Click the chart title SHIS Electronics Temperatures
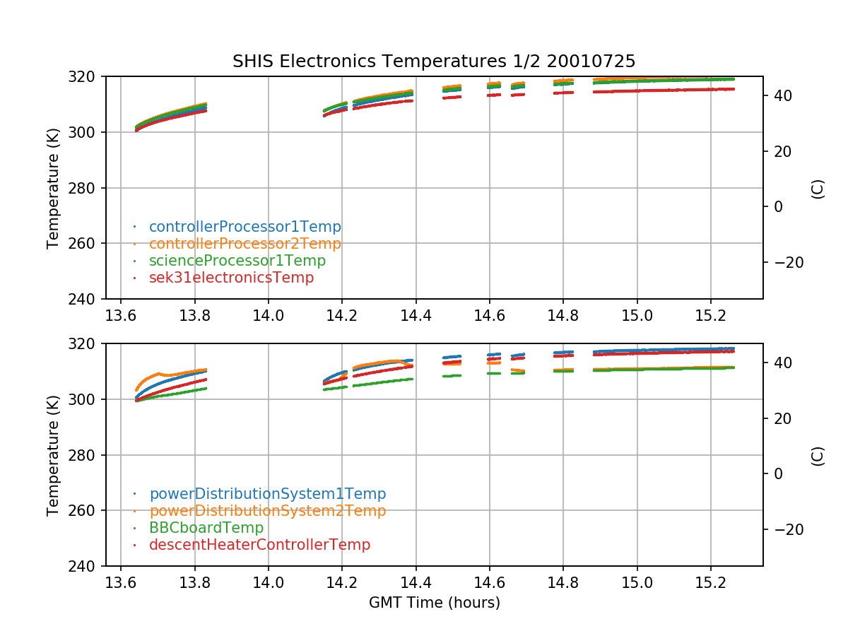[434, 61]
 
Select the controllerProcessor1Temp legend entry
[245, 227]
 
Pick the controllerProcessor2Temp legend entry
[245, 244]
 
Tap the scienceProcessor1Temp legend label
[237, 261]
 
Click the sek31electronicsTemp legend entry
[231, 278]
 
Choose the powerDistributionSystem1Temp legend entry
[267, 494]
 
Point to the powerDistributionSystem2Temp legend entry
[267, 510]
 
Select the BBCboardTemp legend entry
[206, 528]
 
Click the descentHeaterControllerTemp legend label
[259, 545]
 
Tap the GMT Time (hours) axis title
[434, 603]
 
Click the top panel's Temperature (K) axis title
[53, 187]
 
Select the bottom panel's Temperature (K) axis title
[53, 454]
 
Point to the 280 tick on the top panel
[86, 188]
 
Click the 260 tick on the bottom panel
[86, 511]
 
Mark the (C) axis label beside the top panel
[818, 189]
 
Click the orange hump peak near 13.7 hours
[158, 372]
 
